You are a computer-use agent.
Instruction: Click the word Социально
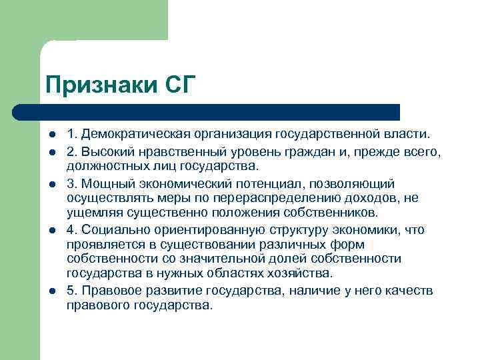pyautogui.click(x=117, y=230)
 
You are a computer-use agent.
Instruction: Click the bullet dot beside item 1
pyautogui.click(x=52, y=137)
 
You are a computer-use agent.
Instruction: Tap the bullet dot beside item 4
pyautogui.click(x=52, y=230)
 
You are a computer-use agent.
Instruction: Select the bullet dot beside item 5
pyautogui.click(x=52, y=291)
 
